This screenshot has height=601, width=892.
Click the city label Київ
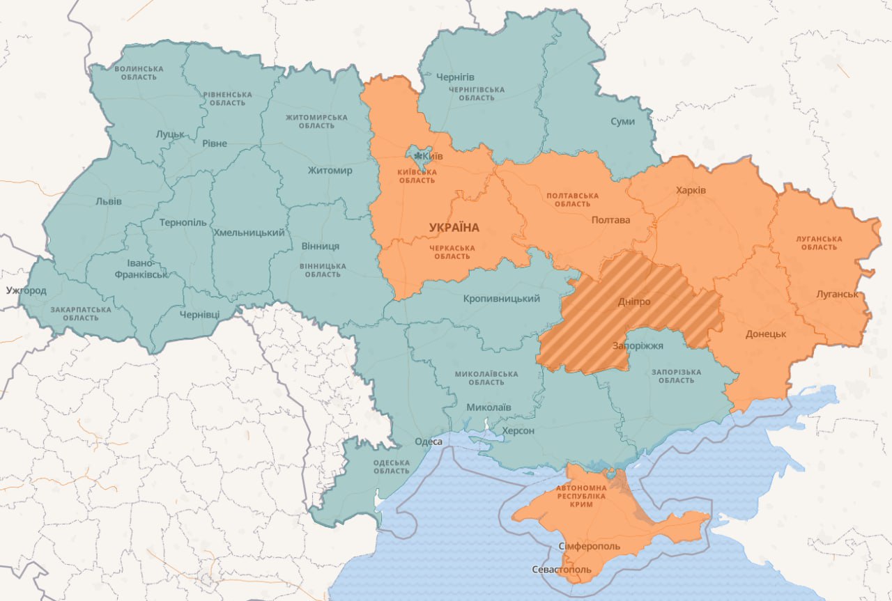tap(426, 157)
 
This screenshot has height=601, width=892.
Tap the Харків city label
tap(691, 190)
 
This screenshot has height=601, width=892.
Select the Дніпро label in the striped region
tap(633, 302)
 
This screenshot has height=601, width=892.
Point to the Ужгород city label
tap(26, 290)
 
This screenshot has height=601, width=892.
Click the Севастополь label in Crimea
tap(561, 570)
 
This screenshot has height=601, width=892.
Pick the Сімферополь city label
tap(585, 546)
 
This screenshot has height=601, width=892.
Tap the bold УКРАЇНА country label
tap(454, 228)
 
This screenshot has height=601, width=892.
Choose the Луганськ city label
tap(837, 294)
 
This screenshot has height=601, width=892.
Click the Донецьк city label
tap(765, 334)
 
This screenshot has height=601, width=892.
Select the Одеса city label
tap(428, 441)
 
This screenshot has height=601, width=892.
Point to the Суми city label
tap(622, 121)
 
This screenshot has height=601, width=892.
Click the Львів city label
tap(108, 201)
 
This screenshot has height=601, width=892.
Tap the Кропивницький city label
tap(502, 299)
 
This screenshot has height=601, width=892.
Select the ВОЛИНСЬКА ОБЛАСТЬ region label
tap(139, 72)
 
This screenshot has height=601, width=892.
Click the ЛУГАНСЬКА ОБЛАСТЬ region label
tap(819, 243)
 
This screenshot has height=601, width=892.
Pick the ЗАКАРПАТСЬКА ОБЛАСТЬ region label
tap(80, 313)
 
